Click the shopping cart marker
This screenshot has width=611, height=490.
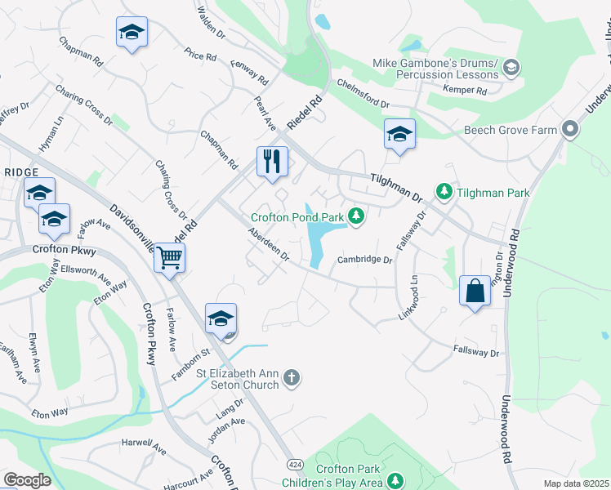169,258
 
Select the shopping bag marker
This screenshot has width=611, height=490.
475,291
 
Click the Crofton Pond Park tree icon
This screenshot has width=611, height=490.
355,216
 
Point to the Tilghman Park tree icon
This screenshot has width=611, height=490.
444,192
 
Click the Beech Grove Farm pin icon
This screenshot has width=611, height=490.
569,130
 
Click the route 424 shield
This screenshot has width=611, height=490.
293,464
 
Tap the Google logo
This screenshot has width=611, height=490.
27,480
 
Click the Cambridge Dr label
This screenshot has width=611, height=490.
366,261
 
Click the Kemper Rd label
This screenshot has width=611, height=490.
465,89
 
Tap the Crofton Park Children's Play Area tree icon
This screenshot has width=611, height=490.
395,480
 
